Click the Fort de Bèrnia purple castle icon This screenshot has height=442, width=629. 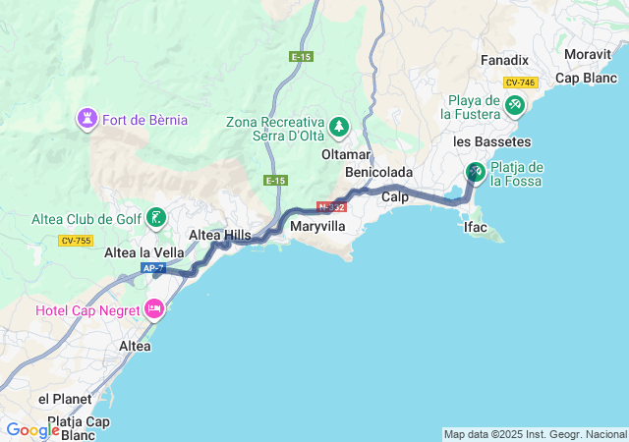(87, 120)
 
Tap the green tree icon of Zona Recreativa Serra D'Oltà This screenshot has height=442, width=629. (339, 126)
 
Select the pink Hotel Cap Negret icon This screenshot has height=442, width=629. (154, 310)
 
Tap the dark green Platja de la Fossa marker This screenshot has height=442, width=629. (475, 173)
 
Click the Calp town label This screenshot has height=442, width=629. (395, 197)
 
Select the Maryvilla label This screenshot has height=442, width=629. (318, 226)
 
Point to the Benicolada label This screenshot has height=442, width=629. (379, 173)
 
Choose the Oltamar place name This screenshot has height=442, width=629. (346, 155)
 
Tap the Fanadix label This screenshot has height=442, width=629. (505, 61)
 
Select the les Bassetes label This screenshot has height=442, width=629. (479, 141)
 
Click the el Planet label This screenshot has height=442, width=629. (65, 399)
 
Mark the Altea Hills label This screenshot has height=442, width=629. (219, 235)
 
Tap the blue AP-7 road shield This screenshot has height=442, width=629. (152, 268)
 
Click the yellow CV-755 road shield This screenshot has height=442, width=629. (75, 240)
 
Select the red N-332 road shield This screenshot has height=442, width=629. (331, 207)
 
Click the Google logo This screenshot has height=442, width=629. (32, 429)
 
